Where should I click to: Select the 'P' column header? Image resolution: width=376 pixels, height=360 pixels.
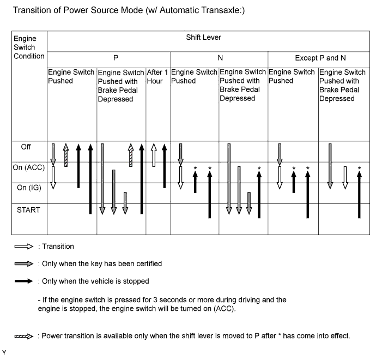click(108, 57)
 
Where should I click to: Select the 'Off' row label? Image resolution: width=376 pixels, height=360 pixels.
click(26, 147)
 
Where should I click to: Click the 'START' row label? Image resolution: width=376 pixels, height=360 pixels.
click(28, 209)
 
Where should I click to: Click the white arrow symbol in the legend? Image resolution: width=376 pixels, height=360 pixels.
click(24, 247)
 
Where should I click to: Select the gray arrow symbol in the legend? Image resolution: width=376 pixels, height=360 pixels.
click(24, 264)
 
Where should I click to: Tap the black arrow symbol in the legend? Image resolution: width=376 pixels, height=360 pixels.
click(24, 281)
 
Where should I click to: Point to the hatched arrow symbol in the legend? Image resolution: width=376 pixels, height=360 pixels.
click(24, 336)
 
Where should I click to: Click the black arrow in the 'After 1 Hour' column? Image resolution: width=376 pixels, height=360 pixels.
click(165, 166)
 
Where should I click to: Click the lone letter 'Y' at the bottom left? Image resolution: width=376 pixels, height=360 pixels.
click(4, 352)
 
